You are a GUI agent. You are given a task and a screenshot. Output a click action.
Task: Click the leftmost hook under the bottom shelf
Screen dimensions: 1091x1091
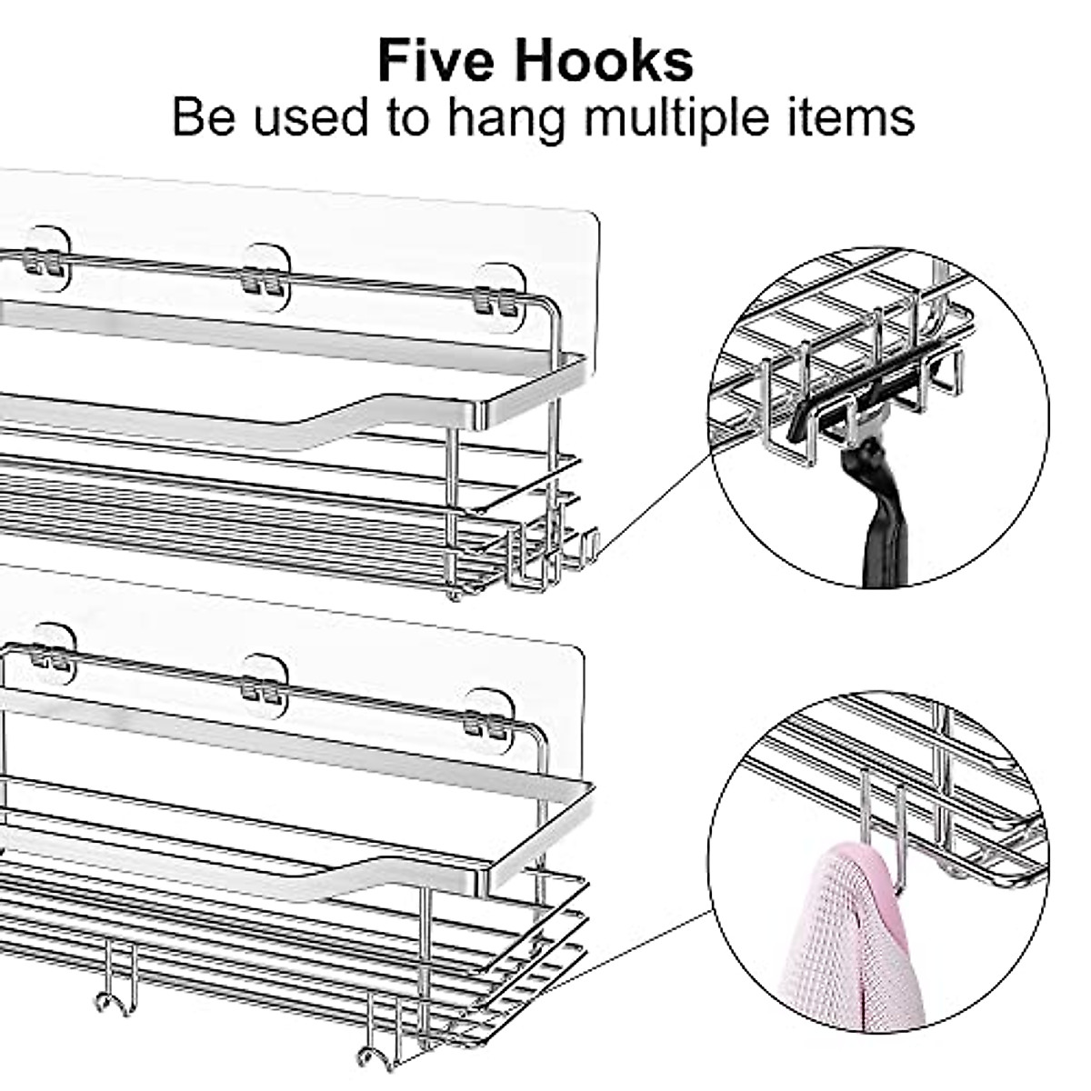[x=113, y=986]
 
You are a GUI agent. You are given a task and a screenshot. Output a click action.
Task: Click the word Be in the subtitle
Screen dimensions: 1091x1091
[x=204, y=118]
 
